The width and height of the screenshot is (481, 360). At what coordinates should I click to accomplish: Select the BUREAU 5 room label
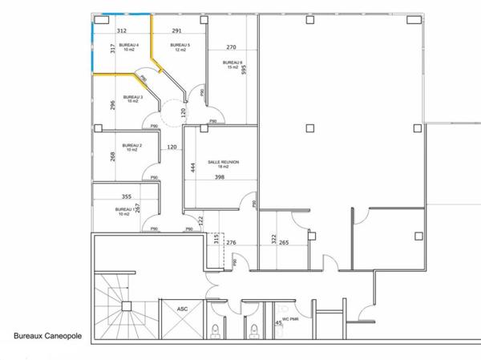click(x=178, y=45)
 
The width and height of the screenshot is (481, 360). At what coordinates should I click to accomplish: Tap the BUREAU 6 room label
click(x=232, y=63)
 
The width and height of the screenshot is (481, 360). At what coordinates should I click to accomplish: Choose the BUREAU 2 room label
click(x=131, y=146)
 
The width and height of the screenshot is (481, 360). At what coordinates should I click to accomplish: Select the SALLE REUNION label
click(x=224, y=162)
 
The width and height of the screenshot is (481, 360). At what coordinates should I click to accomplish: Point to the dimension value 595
click(x=244, y=70)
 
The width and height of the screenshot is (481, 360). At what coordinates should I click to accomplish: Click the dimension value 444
click(x=192, y=168)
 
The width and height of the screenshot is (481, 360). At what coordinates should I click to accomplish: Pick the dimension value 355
click(x=126, y=196)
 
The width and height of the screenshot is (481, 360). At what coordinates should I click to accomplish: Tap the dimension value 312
click(x=122, y=30)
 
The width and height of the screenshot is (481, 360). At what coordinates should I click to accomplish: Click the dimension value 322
click(x=273, y=240)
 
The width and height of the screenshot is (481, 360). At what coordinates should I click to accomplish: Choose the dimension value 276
click(x=231, y=242)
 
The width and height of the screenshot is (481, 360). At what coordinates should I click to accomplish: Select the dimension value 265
click(x=284, y=242)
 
